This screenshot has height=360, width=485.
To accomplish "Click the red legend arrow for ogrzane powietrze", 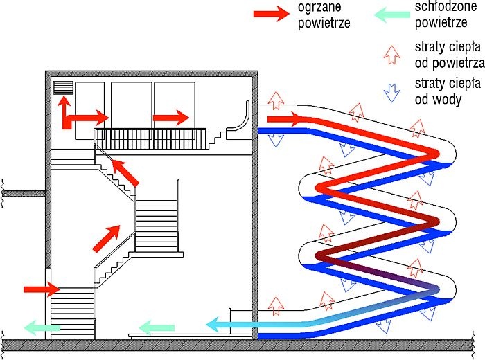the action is pyautogui.click(x=272, y=14).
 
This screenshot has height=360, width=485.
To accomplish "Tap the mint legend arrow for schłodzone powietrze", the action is pyautogui.click(x=392, y=15).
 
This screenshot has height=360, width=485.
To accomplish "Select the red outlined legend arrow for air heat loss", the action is pyautogui.click(x=391, y=55).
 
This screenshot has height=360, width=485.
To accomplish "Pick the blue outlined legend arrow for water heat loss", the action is pyautogui.click(x=391, y=93).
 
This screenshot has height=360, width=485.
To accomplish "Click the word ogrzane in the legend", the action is pyautogui.click(x=319, y=7).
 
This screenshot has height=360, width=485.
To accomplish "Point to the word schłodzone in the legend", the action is pyautogui.click(x=446, y=6).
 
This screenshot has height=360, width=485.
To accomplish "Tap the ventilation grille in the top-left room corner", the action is pyautogui.click(x=64, y=87).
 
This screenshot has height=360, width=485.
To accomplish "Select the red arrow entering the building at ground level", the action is pyautogui.click(x=42, y=289).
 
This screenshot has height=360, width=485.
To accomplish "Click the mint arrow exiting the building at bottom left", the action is pyautogui.click(x=42, y=328).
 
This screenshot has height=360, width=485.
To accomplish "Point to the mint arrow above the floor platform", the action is pyautogui.click(x=157, y=327).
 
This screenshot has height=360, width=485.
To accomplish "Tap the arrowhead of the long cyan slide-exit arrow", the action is pyautogui.click(x=213, y=325).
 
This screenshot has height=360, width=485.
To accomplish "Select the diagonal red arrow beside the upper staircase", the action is pyautogui.click(x=125, y=172).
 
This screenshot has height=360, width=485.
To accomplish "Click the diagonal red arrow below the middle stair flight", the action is pyautogui.click(x=107, y=239).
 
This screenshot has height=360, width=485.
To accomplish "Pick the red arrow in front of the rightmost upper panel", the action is pyautogui.click(x=171, y=118).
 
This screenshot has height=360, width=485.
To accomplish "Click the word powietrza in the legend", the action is pyautogui.click(x=459, y=64).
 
